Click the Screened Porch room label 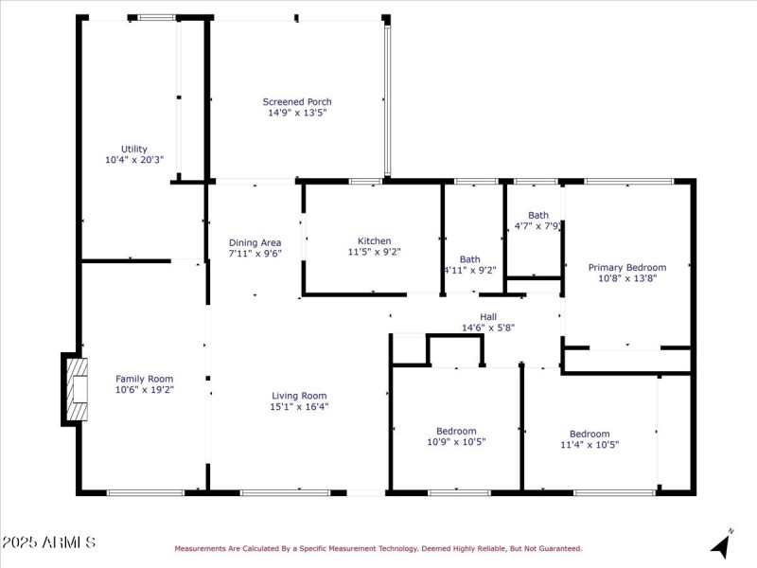pos(297,101)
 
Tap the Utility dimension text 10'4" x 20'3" pos(134,160)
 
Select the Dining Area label pos(255,242)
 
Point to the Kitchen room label pos(374,240)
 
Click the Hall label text pos(488,316)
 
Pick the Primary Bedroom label pos(627,267)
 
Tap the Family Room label pos(145,378)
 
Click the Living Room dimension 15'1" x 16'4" pos(299,407)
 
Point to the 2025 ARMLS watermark pos(48,542)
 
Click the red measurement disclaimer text pos(378,548)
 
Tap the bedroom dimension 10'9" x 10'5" pos(456,442)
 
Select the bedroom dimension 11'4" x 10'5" pos(590,444)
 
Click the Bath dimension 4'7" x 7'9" pos(537,226)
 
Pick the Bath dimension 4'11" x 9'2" pos(470,270)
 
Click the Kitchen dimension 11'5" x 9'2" pos(374,252)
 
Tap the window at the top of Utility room pos(156,17)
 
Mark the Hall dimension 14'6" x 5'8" pos(488,328)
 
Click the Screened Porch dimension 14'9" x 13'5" pos(297,113)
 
